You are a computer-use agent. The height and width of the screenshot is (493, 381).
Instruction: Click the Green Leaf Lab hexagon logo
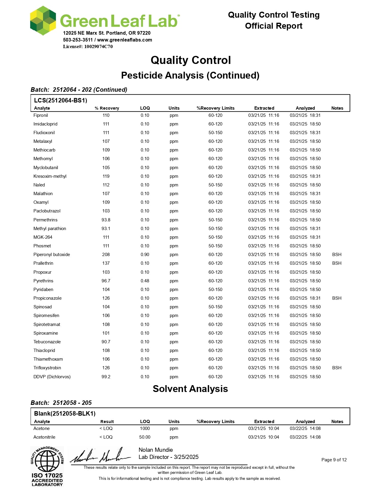click(x=43, y=20)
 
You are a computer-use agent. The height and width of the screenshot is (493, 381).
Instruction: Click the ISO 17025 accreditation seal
click(x=47, y=466)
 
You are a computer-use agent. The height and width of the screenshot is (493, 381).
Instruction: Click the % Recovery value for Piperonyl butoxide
click(x=106, y=255)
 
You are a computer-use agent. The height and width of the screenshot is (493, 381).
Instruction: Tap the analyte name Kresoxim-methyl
click(x=50, y=176)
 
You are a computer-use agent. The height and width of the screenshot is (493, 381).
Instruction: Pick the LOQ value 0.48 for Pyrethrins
click(x=145, y=281)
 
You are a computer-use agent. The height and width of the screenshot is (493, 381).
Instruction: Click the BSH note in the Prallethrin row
click(x=337, y=263)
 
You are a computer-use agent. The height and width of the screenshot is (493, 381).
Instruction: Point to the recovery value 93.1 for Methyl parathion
click(x=106, y=229)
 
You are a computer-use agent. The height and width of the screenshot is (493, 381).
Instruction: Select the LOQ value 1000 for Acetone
click(x=145, y=428)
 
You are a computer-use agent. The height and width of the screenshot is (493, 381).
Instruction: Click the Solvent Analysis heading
click(x=190, y=389)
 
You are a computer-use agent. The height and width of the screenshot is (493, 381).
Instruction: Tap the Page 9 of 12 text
click(x=334, y=460)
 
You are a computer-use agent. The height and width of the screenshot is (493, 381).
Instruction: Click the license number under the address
click(x=88, y=47)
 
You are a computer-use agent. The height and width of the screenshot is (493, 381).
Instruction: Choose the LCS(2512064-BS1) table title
click(x=61, y=100)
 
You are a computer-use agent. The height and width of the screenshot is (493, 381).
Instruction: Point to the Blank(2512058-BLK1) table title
click(x=65, y=414)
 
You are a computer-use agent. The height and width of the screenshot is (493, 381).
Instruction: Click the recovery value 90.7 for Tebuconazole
click(x=106, y=342)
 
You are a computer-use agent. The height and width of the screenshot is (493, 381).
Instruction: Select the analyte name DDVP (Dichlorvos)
click(x=52, y=377)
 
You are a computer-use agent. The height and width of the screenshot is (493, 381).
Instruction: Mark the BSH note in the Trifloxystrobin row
click(x=337, y=368)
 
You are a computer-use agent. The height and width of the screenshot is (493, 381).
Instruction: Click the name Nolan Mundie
click(x=156, y=450)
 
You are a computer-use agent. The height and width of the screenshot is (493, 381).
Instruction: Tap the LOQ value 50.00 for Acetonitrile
click(x=145, y=437)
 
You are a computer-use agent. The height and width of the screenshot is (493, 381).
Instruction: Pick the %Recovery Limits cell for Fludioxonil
click(x=215, y=133)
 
